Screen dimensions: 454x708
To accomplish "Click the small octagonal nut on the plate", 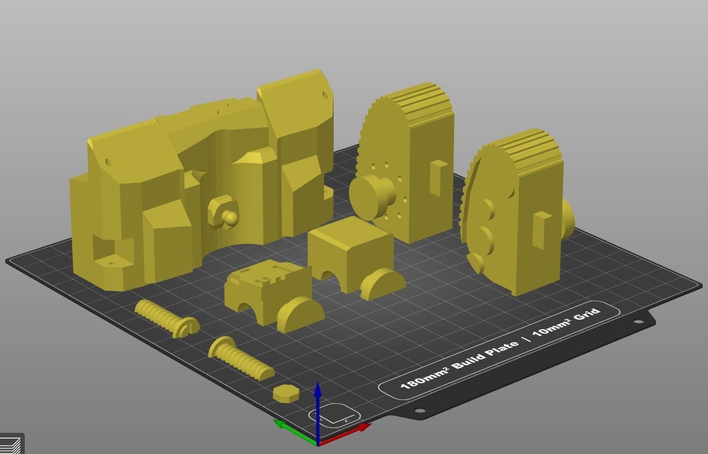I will click(286, 394).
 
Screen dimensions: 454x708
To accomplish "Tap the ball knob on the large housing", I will click(229, 217).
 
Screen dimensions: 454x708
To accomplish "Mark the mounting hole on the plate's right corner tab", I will click(638, 322).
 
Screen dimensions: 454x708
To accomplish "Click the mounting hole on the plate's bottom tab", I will click(420, 411).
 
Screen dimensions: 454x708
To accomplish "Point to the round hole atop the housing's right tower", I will click(325, 95).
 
